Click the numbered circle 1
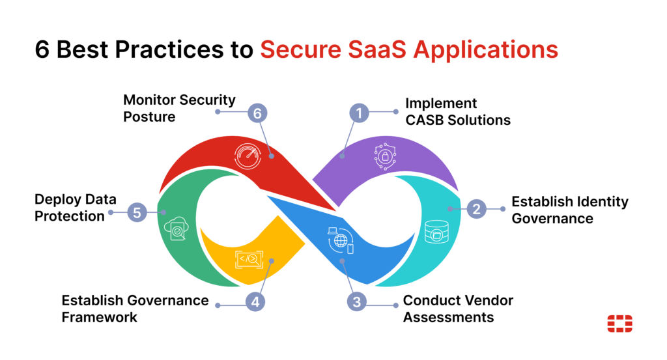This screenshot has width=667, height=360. (359, 113)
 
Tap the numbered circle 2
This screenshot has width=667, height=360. (477, 209)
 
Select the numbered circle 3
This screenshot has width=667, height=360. (356, 301)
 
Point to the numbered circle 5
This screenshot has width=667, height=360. (136, 212)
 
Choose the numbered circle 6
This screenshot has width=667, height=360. (257, 112)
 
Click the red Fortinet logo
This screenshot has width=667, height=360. (619, 323)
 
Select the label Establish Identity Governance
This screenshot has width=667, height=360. (569, 210)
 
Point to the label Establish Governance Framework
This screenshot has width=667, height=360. (135, 309)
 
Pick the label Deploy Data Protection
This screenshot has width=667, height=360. (69, 208)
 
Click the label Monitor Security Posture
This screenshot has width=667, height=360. (179, 108)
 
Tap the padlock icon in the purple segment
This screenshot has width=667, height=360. (384, 156)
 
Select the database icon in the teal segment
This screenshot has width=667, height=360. (436, 231)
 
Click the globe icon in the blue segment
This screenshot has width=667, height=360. (341, 240)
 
